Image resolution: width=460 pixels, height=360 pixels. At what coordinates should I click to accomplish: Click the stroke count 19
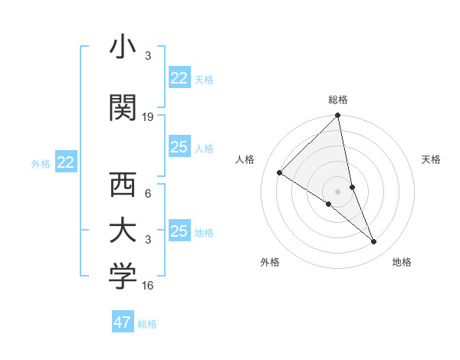tap(149, 117)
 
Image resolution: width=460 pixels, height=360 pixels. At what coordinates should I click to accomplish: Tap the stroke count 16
tap(149, 286)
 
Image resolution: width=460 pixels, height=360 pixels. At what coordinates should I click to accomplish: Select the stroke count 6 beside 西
tap(148, 194)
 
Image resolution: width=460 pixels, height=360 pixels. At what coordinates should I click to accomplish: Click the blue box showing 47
tap(123, 322)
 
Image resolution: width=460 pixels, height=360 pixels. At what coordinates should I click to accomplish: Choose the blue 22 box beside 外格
tap(66, 162)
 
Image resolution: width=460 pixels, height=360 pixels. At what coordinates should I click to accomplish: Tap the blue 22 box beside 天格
tap(179, 78)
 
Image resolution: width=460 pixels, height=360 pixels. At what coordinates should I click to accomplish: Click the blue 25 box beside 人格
tap(179, 147)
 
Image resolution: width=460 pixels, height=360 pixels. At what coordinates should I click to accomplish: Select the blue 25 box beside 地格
tap(179, 231)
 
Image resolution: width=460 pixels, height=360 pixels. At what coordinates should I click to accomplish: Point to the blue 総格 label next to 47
tap(147, 324)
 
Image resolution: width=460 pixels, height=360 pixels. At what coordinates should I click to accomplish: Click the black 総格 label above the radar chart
tap(338, 100)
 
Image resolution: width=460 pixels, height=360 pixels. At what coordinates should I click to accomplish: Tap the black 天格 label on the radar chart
tap(431, 159)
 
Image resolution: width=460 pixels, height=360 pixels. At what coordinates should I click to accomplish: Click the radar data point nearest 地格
tap(374, 242)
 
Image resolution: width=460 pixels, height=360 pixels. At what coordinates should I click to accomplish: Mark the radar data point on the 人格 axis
tap(280, 173)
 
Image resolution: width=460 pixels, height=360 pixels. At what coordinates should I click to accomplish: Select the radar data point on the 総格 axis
tap(338, 116)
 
